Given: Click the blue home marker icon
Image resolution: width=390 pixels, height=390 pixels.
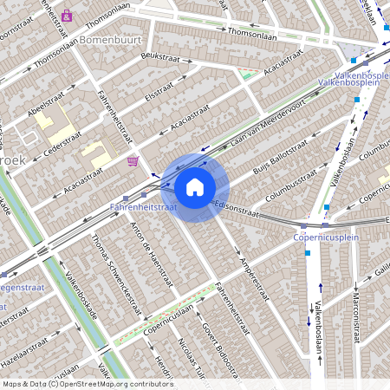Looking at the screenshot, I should coord(195,186).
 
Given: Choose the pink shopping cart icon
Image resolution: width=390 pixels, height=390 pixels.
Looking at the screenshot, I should coord(133,161).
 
